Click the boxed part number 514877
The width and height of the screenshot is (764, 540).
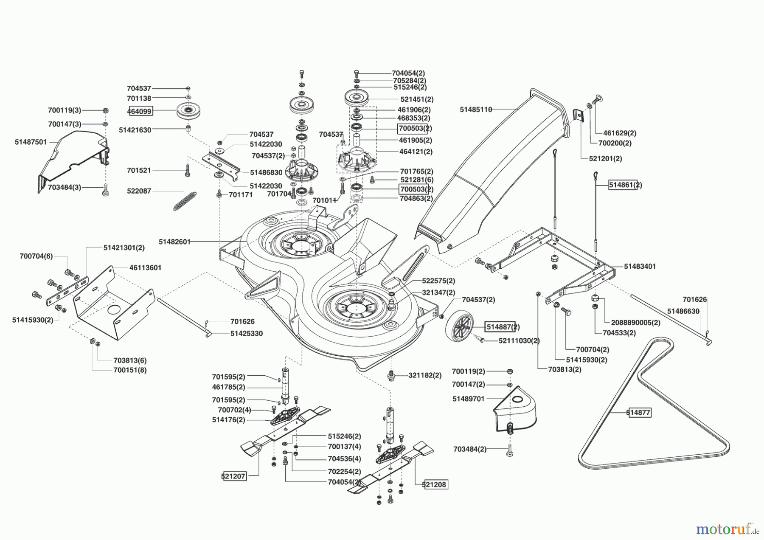point(639,412)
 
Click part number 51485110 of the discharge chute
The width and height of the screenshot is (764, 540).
point(476,110)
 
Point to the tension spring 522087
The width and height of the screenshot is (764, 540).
point(185,200)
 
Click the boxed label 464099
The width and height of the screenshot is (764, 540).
point(140,111)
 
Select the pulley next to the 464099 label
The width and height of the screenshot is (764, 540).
point(188,111)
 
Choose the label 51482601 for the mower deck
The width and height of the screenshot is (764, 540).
point(174,242)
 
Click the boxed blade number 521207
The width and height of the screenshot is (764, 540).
point(233,476)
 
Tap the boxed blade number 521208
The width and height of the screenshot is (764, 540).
point(435,484)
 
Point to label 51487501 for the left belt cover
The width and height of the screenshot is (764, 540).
point(31,142)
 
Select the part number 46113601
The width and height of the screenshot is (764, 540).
point(145,268)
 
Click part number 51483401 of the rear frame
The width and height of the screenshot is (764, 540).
point(640,267)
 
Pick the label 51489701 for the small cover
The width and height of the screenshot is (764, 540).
point(468,399)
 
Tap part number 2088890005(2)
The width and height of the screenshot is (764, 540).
point(635,323)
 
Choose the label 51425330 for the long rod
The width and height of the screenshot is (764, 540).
point(247,334)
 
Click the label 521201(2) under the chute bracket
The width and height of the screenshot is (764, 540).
point(605,158)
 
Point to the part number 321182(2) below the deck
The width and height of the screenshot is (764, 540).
point(424,375)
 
